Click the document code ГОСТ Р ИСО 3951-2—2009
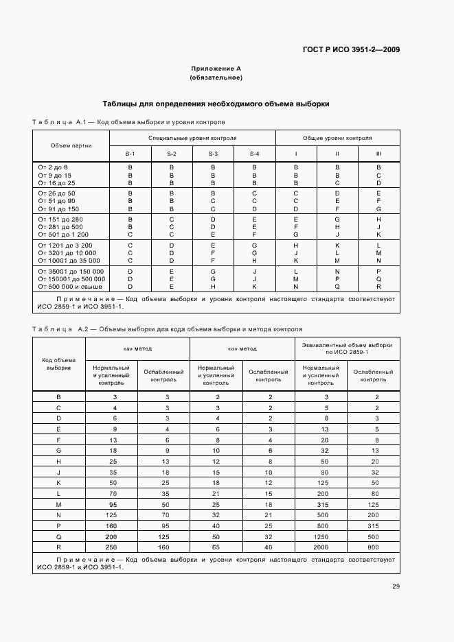(351, 49)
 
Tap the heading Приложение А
(216, 69)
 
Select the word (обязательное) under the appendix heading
(216, 78)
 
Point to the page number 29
(396, 586)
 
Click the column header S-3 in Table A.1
(213, 154)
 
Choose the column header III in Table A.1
(378, 154)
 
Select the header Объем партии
(71, 145)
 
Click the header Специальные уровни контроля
(192, 138)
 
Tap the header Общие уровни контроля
(337, 138)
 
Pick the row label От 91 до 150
(59, 209)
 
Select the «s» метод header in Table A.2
(137, 348)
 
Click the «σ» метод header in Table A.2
(242, 348)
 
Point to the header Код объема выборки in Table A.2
(58, 364)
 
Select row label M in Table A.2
(58, 504)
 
